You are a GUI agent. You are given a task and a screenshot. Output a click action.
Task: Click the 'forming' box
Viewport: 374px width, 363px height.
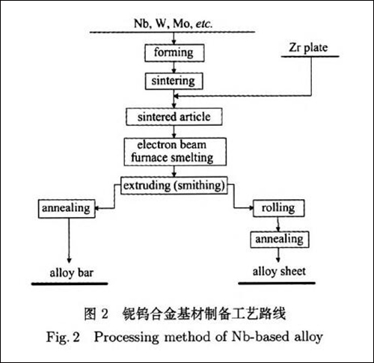point(173,53)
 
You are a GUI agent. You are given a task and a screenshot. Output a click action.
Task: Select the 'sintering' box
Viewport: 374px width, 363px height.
point(173,80)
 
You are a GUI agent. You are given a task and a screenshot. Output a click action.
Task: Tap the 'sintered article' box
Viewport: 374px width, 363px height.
point(173,118)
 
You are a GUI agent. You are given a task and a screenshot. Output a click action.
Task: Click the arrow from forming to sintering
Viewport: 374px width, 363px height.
point(173,67)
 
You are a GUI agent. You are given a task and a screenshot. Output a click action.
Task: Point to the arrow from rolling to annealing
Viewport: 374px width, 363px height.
point(279,223)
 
